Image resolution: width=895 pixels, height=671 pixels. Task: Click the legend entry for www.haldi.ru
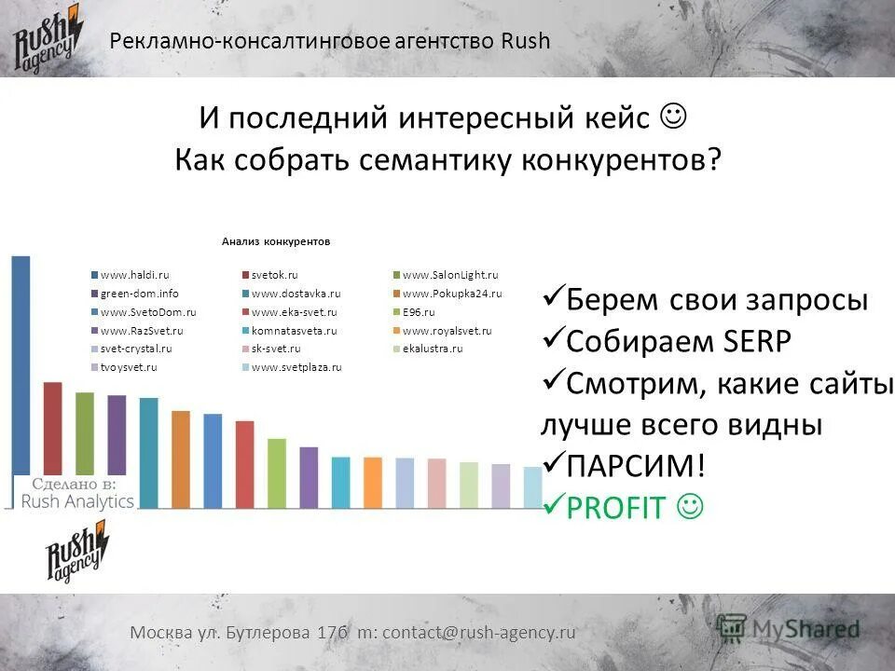134,275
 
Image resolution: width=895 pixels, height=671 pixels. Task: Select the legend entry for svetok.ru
274,275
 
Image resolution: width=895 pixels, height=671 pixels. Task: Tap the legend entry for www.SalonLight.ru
449,275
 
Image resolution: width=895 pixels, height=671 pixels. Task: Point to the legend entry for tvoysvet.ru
128,367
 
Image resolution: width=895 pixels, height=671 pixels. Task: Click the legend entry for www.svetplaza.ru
296,367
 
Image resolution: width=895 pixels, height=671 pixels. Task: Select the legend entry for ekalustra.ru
432,349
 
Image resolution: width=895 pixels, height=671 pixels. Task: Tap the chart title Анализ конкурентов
276,241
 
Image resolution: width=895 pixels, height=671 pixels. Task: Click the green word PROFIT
616,508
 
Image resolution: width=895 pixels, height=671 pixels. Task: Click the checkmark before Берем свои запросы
552,298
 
